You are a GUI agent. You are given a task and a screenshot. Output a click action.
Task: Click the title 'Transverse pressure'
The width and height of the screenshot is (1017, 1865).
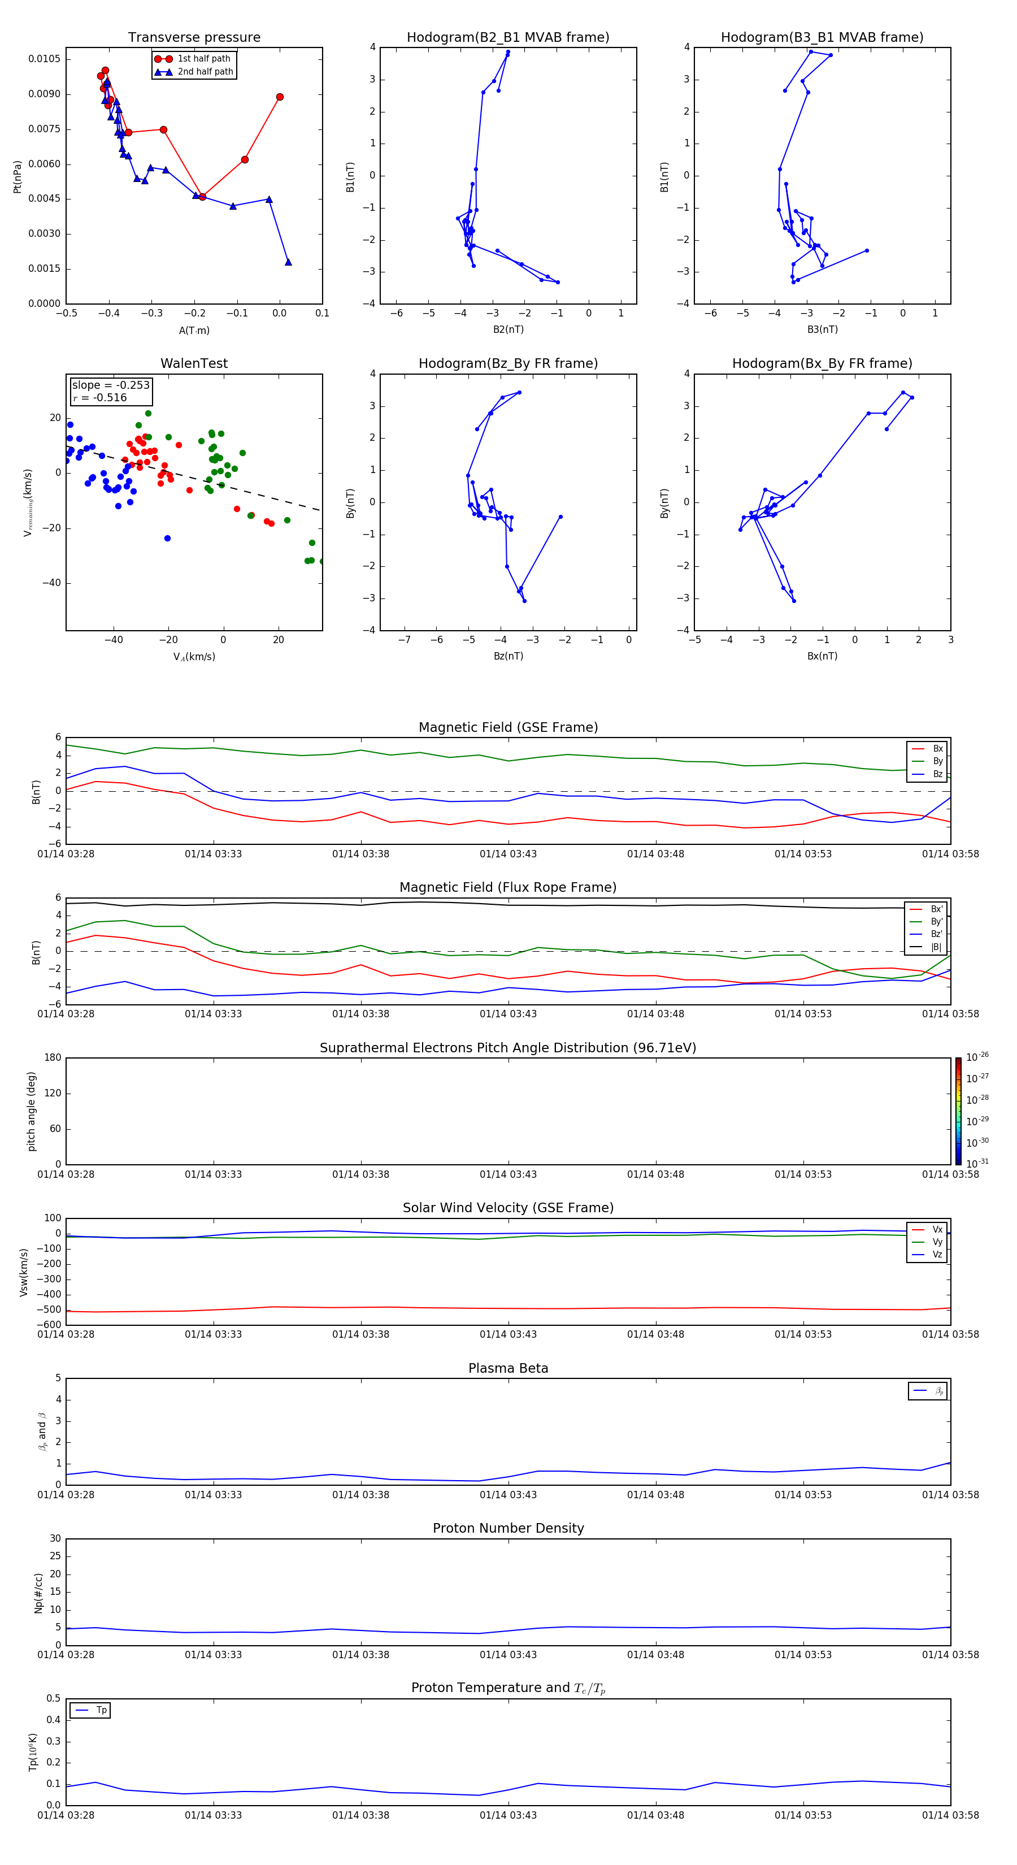tap(194, 38)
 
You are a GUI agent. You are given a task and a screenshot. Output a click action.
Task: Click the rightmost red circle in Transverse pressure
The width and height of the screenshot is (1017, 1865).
tap(280, 97)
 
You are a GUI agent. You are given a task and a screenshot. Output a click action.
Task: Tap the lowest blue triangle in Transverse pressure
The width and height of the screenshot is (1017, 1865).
tap(288, 262)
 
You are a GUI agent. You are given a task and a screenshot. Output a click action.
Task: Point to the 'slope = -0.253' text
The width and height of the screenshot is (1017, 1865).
tap(111, 385)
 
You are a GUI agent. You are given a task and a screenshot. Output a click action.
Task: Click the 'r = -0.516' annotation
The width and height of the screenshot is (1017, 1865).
tap(100, 397)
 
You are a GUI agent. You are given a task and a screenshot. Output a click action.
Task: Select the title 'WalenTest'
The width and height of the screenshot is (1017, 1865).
tap(194, 363)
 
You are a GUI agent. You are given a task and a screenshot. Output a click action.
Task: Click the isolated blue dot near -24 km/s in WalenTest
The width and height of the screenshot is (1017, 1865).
tap(167, 538)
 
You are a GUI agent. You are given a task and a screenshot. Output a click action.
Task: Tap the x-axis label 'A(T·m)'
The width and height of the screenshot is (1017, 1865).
tap(194, 330)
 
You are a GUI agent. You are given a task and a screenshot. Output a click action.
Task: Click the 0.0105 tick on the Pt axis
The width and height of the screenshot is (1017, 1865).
tap(44, 59)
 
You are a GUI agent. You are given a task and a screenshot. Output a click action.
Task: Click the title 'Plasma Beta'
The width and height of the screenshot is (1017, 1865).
tap(508, 1368)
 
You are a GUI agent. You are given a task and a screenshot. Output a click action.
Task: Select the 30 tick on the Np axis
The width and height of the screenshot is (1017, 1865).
tap(55, 1538)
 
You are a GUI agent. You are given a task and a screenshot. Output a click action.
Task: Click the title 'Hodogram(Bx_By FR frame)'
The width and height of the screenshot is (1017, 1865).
tap(822, 363)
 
